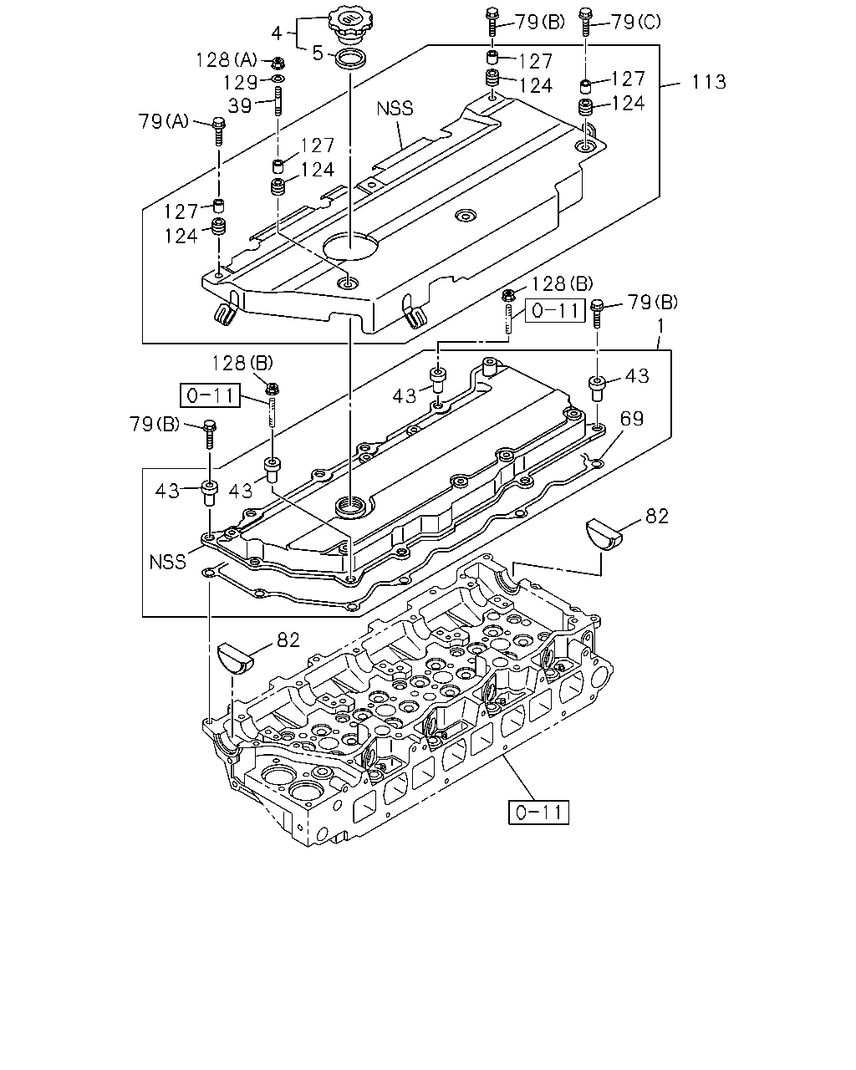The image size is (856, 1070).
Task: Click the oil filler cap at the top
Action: coord(350,25)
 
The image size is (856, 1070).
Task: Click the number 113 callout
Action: coord(709,82)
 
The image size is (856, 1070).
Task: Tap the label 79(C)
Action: coord(635,22)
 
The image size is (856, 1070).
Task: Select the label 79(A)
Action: coord(163,121)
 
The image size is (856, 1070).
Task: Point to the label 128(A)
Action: coord(227,60)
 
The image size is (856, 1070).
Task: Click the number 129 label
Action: coord(240,83)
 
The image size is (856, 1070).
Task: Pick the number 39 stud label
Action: coord(240,105)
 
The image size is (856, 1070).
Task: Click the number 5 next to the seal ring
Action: coord(318,53)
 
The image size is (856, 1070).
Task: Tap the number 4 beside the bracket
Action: coord(277,33)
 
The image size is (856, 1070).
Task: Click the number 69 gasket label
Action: coord(632,419)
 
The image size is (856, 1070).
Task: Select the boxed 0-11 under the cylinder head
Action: coord(538,813)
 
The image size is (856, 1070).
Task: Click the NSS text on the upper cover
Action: coord(395,109)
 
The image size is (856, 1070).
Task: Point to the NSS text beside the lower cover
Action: coord(168,562)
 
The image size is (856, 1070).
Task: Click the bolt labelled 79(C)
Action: coord(586,21)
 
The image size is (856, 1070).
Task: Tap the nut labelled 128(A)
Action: coord(276,64)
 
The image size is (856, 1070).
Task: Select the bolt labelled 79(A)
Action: coord(218,130)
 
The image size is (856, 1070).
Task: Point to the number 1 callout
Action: coord(660,326)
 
